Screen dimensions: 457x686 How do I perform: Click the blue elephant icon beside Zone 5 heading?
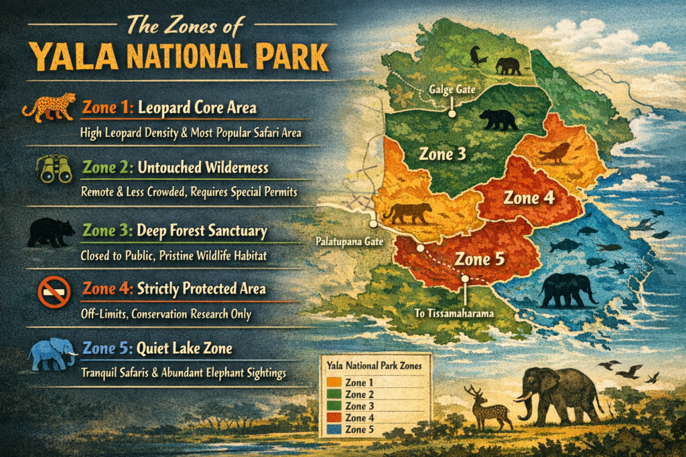[x=52, y=353]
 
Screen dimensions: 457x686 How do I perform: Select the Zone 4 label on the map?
[x=530, y=198]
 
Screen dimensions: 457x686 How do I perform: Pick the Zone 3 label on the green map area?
[x=442, y=154]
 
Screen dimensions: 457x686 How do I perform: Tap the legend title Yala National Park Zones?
[x=374, y=367]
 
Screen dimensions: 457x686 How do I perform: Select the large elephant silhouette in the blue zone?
[x=568, y=289]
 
